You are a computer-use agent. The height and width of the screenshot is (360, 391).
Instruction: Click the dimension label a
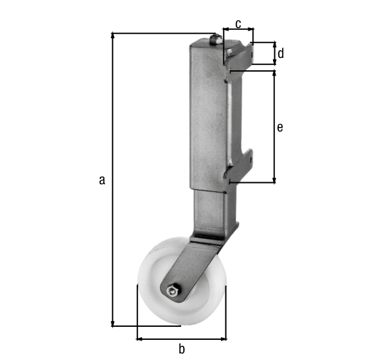(x=102, y=180)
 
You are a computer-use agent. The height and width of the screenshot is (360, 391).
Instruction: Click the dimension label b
(x=182, y=349)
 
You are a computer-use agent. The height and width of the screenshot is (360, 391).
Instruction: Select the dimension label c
(x=238, y=24)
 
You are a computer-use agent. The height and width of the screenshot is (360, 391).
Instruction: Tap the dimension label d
(x=280, y=53)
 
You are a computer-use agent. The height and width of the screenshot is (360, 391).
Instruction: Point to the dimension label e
(x=280, y=128)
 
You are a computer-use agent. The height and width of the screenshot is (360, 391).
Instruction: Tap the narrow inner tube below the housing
(x=211, y=208)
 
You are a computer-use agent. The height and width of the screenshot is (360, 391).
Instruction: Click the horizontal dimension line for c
(x=238, y=29)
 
